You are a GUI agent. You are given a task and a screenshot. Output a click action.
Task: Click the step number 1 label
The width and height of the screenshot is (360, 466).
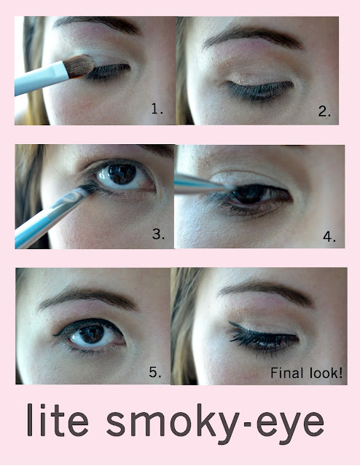click(x=157, y=109)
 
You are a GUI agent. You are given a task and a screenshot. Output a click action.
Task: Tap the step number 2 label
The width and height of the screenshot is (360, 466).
click(x=324, y=111)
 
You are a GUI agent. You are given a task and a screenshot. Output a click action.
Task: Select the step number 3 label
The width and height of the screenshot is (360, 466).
click(x=158, y=234)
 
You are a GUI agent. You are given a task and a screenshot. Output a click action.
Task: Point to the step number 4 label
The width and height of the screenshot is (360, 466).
click(x=329, y=237)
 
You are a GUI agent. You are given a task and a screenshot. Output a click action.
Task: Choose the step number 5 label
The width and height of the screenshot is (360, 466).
click(x=155, y=372)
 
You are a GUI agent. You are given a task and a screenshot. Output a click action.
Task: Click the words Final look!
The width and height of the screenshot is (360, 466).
click(x=307, y=373)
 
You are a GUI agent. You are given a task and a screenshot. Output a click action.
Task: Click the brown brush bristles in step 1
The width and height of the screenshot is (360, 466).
click(x=80, y=66)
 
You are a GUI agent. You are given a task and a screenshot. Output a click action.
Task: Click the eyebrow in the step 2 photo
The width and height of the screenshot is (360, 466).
click(x=252, y=37)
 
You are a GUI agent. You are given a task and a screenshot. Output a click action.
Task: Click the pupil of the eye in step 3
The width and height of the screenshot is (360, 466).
click(x=122, y=173)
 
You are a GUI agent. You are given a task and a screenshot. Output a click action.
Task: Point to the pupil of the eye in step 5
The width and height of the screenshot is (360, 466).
click(x=92, y=333)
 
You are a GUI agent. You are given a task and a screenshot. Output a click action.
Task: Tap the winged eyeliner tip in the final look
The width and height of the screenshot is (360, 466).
click(x=231, y=323)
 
